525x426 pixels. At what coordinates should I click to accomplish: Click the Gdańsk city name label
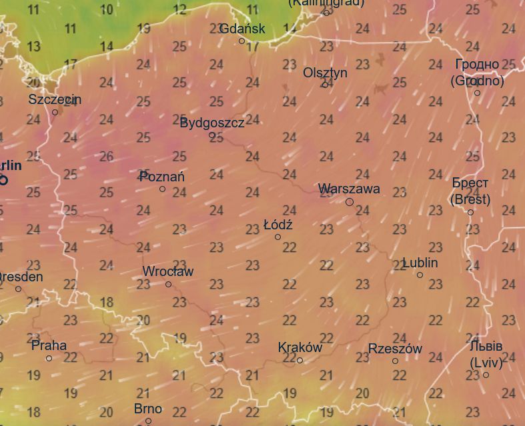click(x=242, y=29)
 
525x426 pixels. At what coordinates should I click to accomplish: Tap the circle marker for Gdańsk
click(x=242, y=41)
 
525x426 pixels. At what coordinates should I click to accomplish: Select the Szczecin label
click(x=55, y=99)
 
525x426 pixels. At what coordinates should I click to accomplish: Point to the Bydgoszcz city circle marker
click(x=212, y=135)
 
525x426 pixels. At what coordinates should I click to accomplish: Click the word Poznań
click(x=162, y=177)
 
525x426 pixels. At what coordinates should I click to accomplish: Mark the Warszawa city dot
click(x=350, y=202)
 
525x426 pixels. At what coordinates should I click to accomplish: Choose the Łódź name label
click(x=278, y=225)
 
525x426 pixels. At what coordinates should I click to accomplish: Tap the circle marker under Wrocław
click(x=168, y=285)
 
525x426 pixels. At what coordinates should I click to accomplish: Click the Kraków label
click(x=300, y=347)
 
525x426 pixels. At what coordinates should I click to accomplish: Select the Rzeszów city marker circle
click(x=395, y=361)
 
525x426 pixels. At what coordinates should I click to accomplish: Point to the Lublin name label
click(x=420, y=263)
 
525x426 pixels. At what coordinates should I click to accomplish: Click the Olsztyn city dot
click(x=326, y=85)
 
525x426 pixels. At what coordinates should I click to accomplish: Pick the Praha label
click(x=49, y=345)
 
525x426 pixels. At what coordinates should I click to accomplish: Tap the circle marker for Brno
click(x=148, y=421)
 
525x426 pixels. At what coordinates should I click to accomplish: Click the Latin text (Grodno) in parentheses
click(x=477, y=81)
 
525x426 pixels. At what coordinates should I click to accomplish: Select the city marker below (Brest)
click(x=470, y=213)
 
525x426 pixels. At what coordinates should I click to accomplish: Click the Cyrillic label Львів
click(x=486, y=347)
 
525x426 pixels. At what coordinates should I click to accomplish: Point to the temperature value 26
click(x=107, y=156)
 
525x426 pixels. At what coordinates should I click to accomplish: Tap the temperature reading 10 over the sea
click(x=107, y=10)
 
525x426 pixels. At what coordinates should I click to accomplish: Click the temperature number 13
click(x=33, y=47)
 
